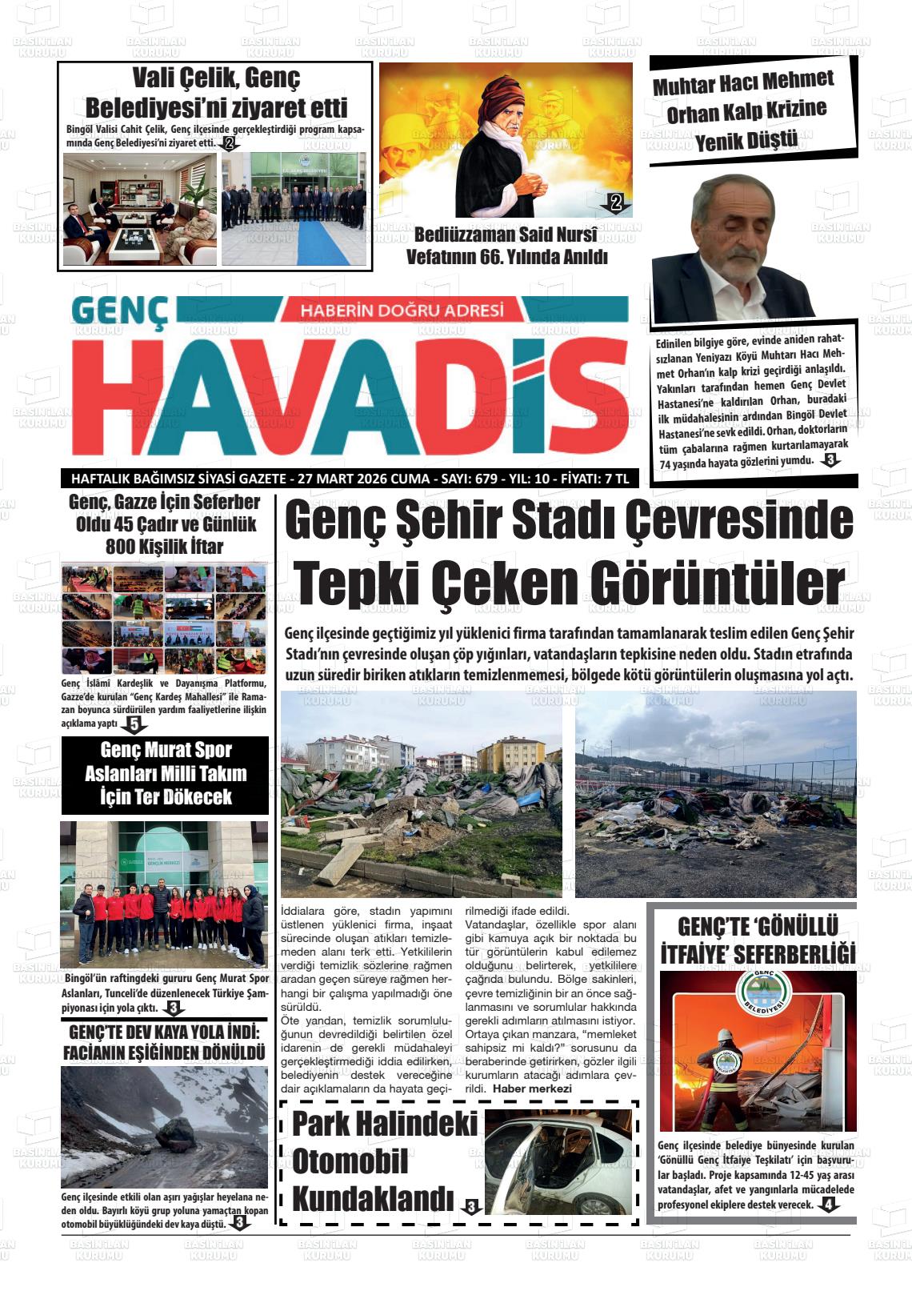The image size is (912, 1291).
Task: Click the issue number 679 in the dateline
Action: pyautogui.click(x=486, y=479)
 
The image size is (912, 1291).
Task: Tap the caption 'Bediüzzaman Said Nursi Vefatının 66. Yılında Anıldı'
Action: pyautogui.click(x=506, y=246)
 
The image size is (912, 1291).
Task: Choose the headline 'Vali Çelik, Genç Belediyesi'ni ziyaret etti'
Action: pyautogui.click(x=216, y=93)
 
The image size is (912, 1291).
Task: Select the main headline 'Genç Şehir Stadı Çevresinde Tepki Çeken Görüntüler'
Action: pyautogui.click(x=569, y=553)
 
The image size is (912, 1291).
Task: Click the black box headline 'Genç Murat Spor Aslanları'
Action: pyautogui.click(x=166, y=773)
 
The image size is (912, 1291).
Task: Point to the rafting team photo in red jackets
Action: pyautogui.click(x=165, y=894)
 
